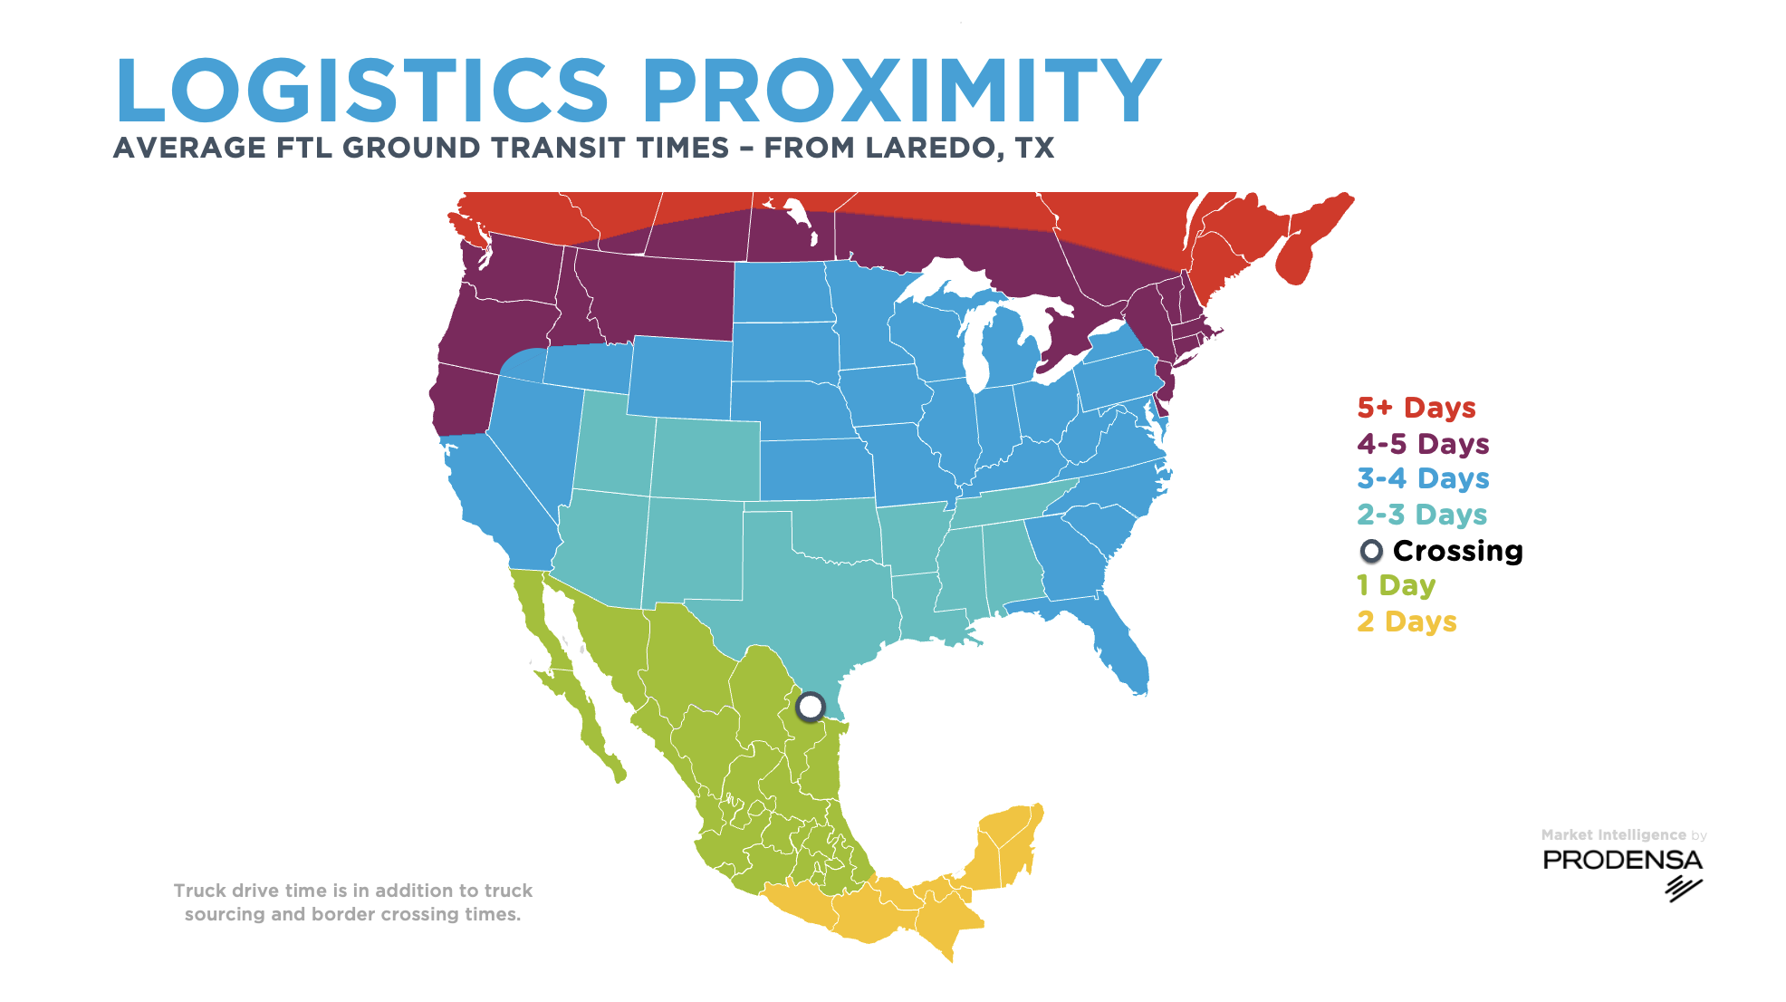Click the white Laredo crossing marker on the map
(811, 706)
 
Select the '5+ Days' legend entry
(1416, 408)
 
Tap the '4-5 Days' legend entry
(1423, 444)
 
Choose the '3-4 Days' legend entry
(1423, 478)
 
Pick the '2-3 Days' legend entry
(1422, 515)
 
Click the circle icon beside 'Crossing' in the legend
(1371, 551)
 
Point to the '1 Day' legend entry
(1396, 585)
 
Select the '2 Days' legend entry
(1407, 621)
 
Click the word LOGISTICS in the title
(362, 91)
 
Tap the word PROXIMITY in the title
(901, 91)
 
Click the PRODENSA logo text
(1622, 860)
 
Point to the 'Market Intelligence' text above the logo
(1613, 834)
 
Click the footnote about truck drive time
(353, 902)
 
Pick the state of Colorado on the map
(706, 458)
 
